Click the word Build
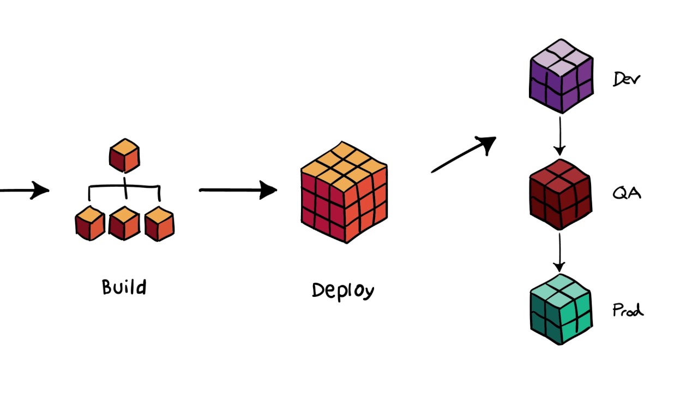coord(124,287)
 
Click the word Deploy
coord(343,290)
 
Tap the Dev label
coord(627,80)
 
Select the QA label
coord(627,193)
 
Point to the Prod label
coord(628,311)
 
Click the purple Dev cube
coord(561,76)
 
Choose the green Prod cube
coord(561,309)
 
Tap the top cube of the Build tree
coord(124,155)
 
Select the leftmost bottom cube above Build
coord(90,224)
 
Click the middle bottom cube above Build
coord(124,224)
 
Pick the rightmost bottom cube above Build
coord(159,224)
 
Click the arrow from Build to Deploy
coord(238,190)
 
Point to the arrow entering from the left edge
coord(25,190)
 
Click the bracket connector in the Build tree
coord(125,189)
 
